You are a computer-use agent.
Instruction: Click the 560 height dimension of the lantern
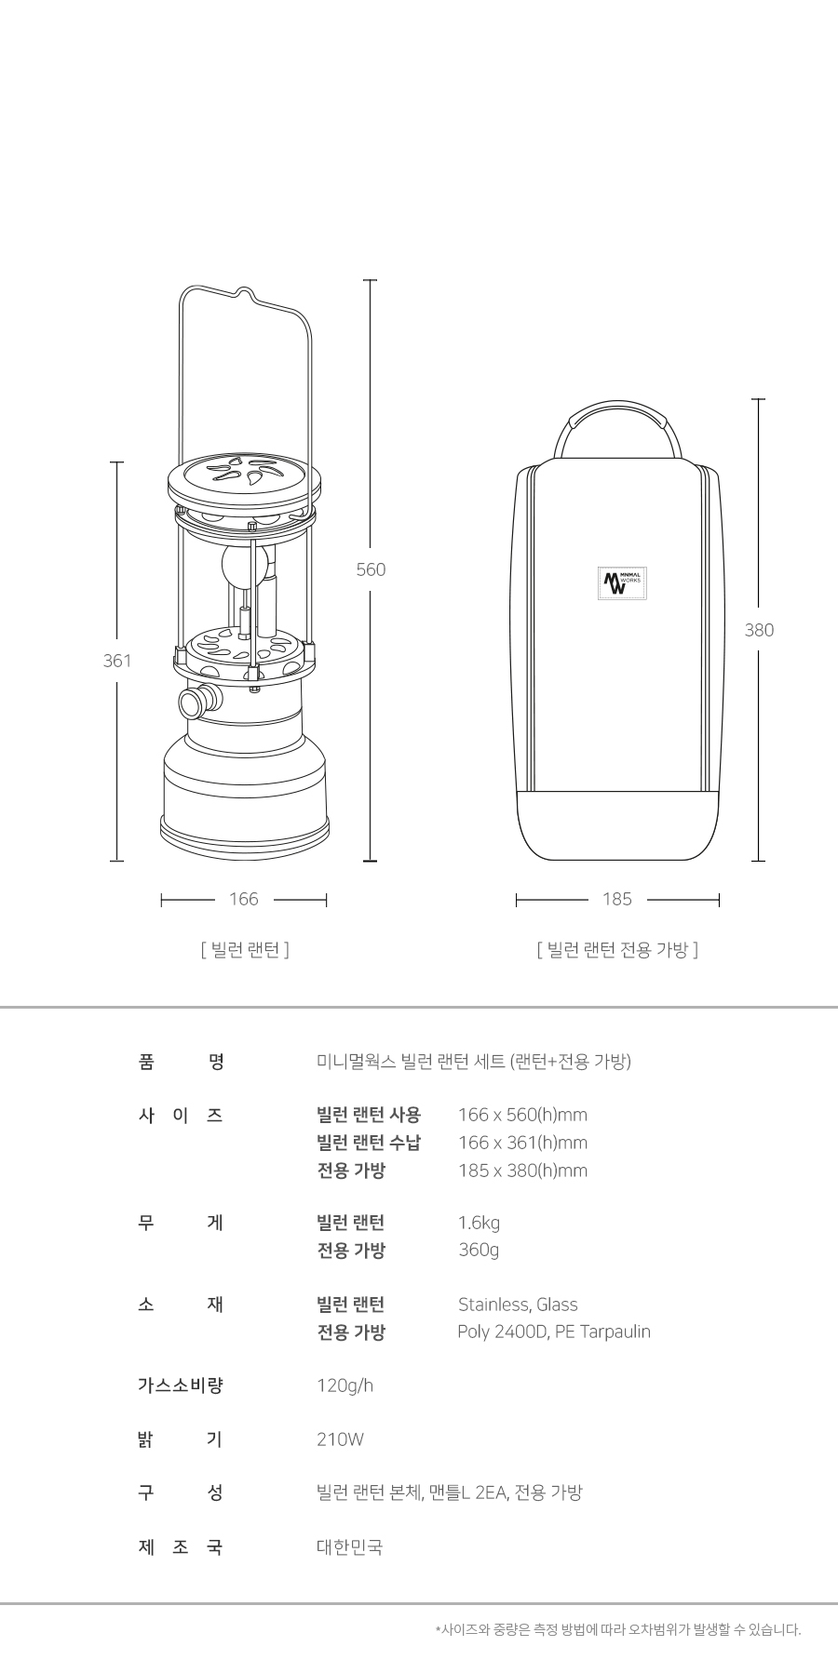coord(371,569)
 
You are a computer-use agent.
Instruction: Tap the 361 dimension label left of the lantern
coord(117,661)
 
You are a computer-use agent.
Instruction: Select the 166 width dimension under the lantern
coord(244,899)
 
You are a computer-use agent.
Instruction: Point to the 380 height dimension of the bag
coord(759,630)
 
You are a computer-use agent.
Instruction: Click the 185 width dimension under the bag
coord(617,899)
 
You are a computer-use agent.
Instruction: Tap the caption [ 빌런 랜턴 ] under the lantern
coord(245,949)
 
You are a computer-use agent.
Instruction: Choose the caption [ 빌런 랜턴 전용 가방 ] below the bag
coord(617,949)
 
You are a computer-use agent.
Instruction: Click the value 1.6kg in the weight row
coord(479,1223)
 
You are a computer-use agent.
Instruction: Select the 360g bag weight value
coord(479,1250)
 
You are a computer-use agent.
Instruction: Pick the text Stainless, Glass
coord(518,1305)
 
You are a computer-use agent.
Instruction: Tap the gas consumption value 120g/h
coord(345,1385)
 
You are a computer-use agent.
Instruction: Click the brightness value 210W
coord(340,1439)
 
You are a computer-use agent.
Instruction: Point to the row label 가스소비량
coord(181,1385)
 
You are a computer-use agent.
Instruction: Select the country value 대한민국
coord(349,1547)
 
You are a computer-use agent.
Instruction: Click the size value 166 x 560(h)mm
coord(522,1115)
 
